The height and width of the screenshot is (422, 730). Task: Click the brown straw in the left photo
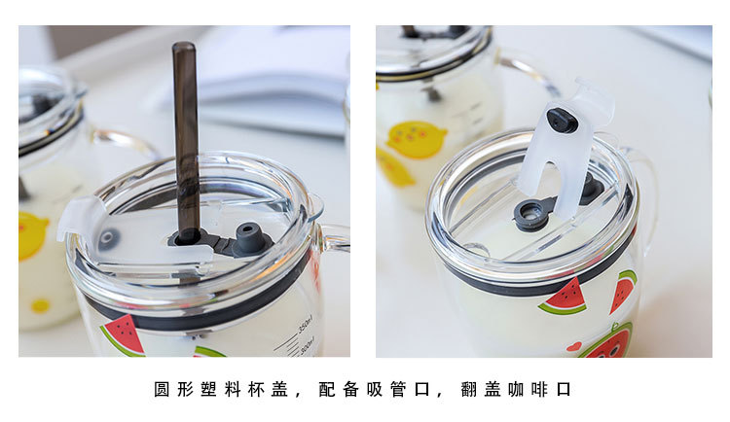pos(185,126)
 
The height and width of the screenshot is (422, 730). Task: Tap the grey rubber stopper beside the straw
pos(250,236)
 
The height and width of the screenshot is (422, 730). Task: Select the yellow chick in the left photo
pos(32,236)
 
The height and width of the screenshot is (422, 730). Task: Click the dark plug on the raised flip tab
pos(563,120)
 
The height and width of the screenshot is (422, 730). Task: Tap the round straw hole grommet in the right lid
pos(532,213)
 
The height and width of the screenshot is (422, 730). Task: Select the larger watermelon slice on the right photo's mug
pos(566,298)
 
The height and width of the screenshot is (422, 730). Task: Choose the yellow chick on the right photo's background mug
pos(417,139)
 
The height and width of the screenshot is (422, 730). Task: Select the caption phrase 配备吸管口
pos(374,390)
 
